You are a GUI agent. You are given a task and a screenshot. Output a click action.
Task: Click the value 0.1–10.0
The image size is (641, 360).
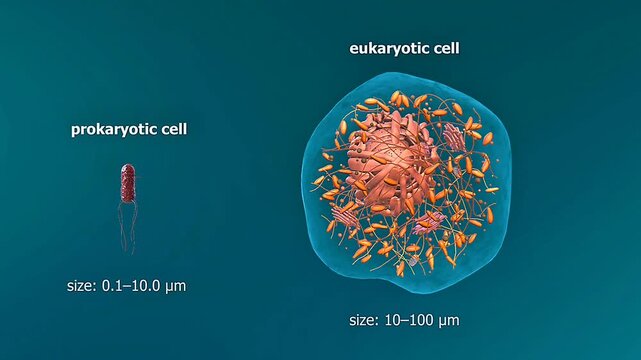134,286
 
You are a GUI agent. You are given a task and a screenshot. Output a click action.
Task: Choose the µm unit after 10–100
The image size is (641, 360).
448,321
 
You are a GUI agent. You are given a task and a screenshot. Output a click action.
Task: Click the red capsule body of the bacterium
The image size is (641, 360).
127,183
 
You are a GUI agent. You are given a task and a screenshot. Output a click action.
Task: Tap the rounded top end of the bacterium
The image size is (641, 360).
127,168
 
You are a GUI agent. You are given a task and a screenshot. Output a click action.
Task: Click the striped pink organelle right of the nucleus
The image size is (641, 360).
454,135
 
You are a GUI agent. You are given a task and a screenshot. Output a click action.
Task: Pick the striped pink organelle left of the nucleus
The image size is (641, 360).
345,213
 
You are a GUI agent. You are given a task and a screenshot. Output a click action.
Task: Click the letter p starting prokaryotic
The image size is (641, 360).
75,131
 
